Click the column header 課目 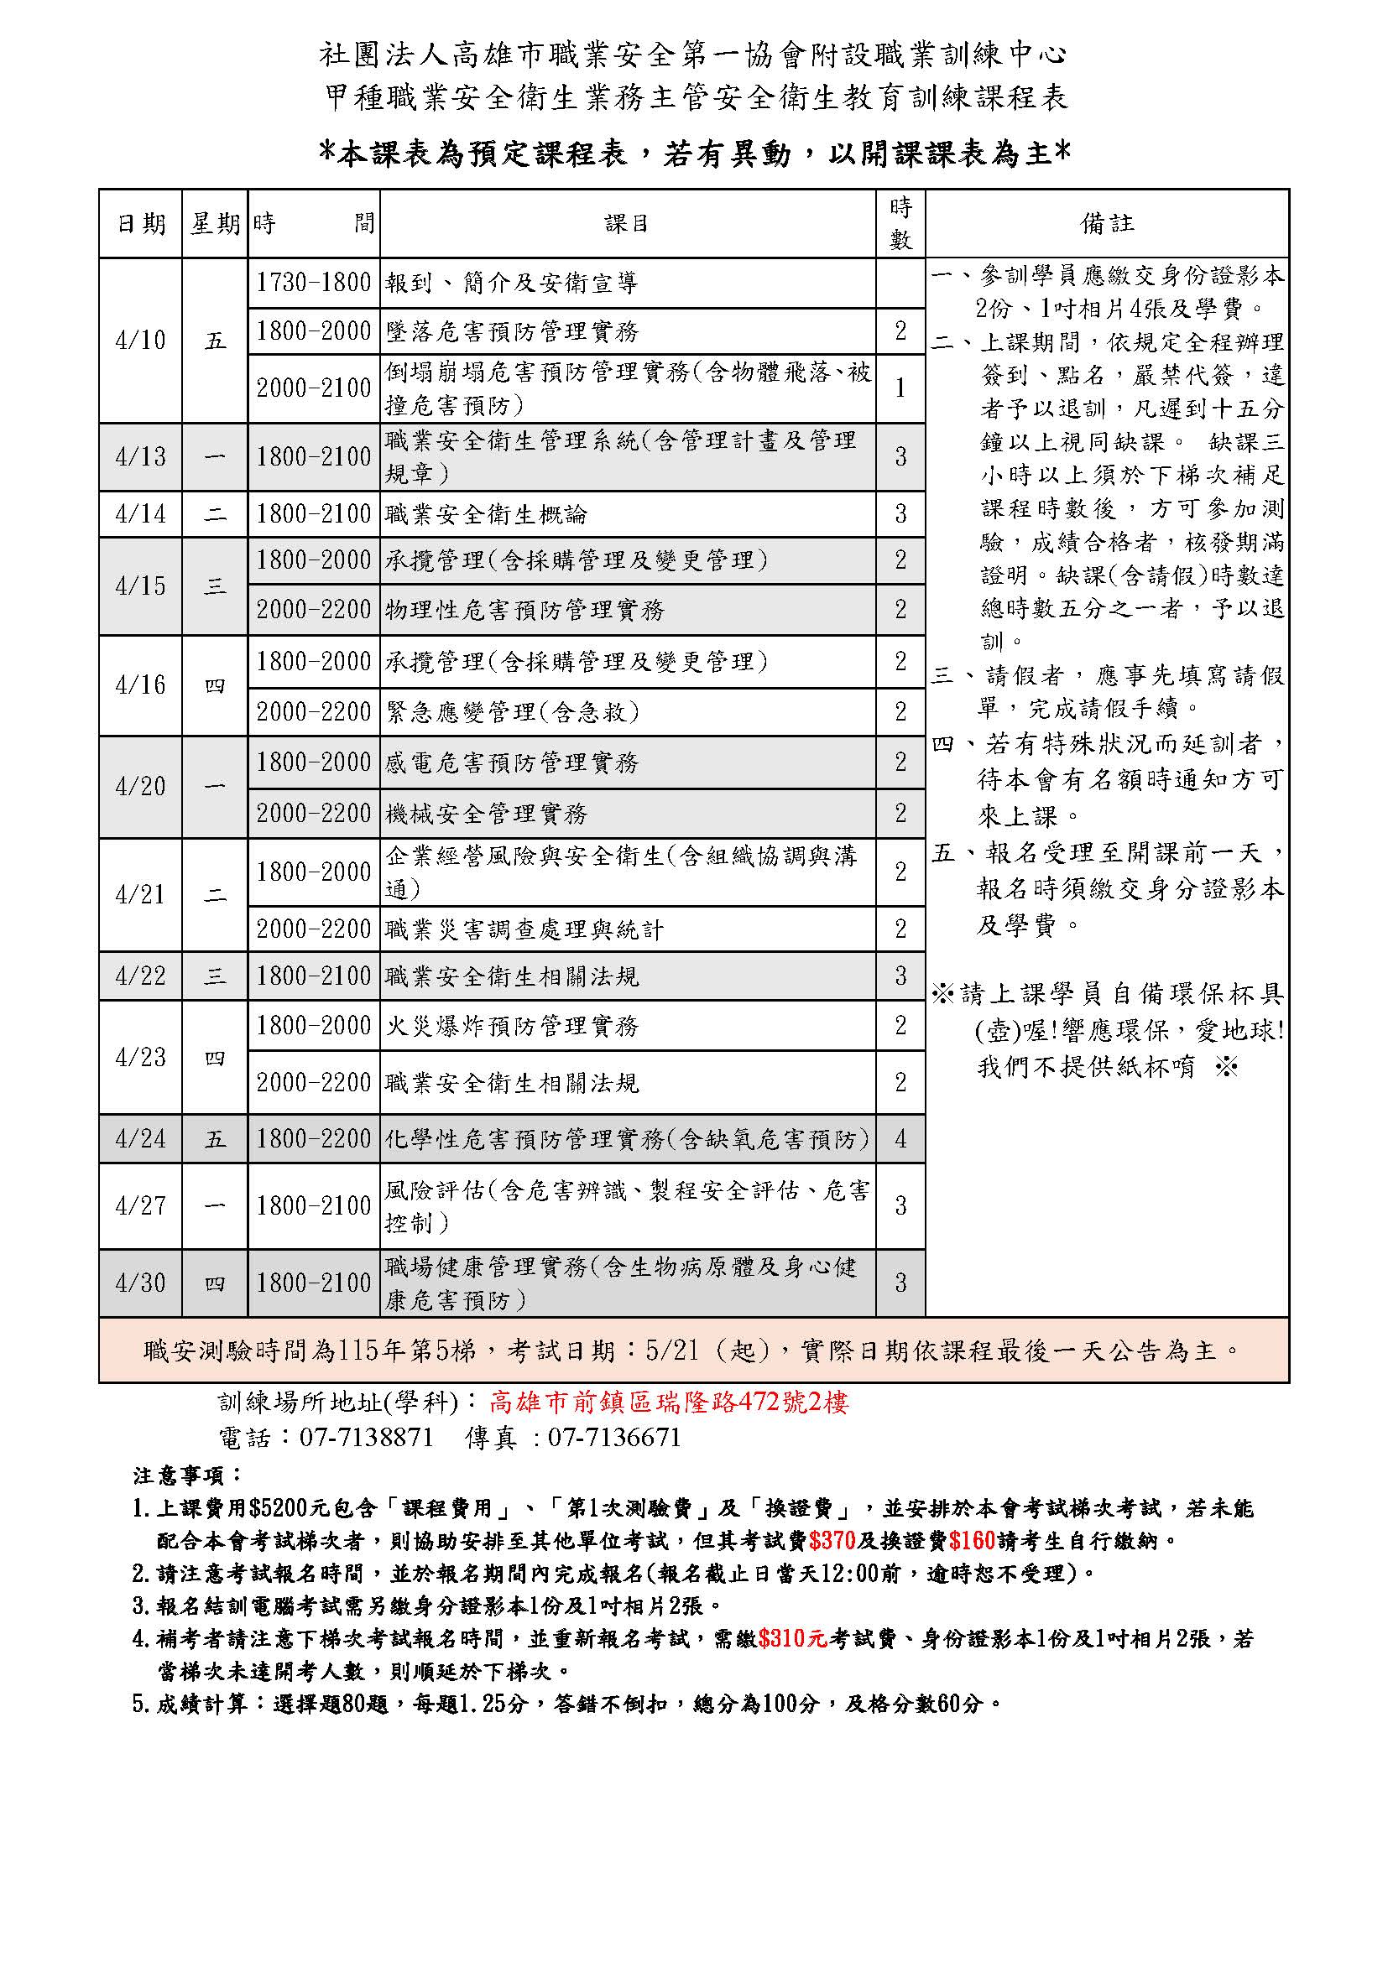click(x=627, y=224)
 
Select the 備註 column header click(x=1106, y=224)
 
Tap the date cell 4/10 click(x=140, y=340)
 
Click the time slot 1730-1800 click(x=314, y=283)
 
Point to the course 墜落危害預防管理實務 click(x=512, y=331)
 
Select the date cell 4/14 click(x=140, y=513)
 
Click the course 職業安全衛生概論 click(x=487, y=514)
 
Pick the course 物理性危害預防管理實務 click(x=524, y=609)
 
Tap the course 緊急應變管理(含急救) click(x=512, y=712)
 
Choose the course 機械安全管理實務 click(x=487, y=814)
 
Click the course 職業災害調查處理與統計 click(x=524, y=929)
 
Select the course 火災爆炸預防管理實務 click(x=512, y=1025)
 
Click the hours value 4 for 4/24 click(x=900, y=1139)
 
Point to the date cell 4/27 click(x=140, y=1205)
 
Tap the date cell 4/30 click(x=140, y=1283)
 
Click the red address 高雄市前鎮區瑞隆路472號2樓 click(x=668, y=1403)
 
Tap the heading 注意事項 click(x=188, y=1475)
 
